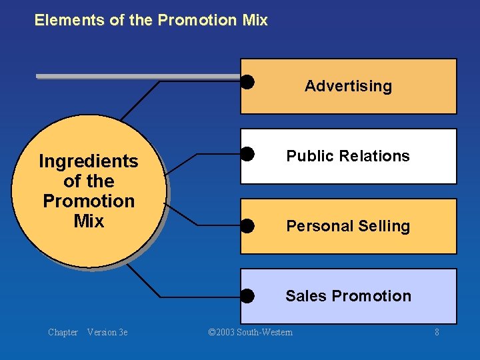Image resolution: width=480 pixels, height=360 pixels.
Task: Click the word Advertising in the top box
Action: click(348, 86)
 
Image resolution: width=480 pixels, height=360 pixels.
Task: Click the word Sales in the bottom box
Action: click(306, 296)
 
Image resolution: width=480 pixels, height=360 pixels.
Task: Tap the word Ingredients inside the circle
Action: click(89, 162)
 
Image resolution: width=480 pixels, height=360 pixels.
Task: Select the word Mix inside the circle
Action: click(89, 221)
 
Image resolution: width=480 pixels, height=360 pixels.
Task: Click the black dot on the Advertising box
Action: click(247, 82)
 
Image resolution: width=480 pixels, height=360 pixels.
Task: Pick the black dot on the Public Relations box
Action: click(247, 154)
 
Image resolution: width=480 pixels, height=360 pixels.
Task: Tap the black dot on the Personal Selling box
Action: click(247, 225)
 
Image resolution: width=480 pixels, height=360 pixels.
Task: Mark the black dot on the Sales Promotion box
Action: click(247, 295)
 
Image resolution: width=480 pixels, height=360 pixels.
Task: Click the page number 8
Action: click(437, 332)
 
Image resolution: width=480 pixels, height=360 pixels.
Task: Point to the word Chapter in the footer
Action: click(63, 332)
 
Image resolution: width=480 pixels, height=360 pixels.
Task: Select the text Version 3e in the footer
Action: click(107, 332)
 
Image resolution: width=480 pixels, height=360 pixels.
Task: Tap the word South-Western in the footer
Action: click(267, 332)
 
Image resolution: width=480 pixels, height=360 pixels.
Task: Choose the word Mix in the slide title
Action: click(255, 21)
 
